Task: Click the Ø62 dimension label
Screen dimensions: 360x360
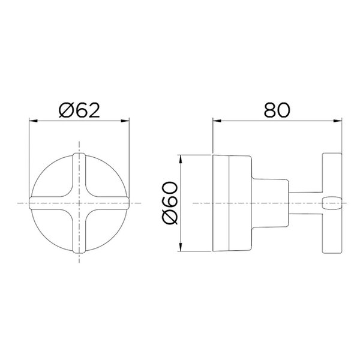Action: tap(79, 110)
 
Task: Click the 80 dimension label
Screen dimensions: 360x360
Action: tap(277, 110)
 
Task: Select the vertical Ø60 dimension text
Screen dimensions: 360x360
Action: tap(170, 203)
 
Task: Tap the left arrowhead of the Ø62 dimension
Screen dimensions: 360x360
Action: tap(33, 121)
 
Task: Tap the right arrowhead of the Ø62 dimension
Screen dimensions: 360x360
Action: tap(125, 121)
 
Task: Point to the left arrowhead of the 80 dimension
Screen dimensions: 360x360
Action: tap(217, 121)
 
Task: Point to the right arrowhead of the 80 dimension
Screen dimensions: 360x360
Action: tap(338, 121)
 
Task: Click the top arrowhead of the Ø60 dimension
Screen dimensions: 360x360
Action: tap(181, 159)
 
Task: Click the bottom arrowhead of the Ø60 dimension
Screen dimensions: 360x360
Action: tap(181, 247)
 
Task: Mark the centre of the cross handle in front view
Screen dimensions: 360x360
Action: tap(79, 203)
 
